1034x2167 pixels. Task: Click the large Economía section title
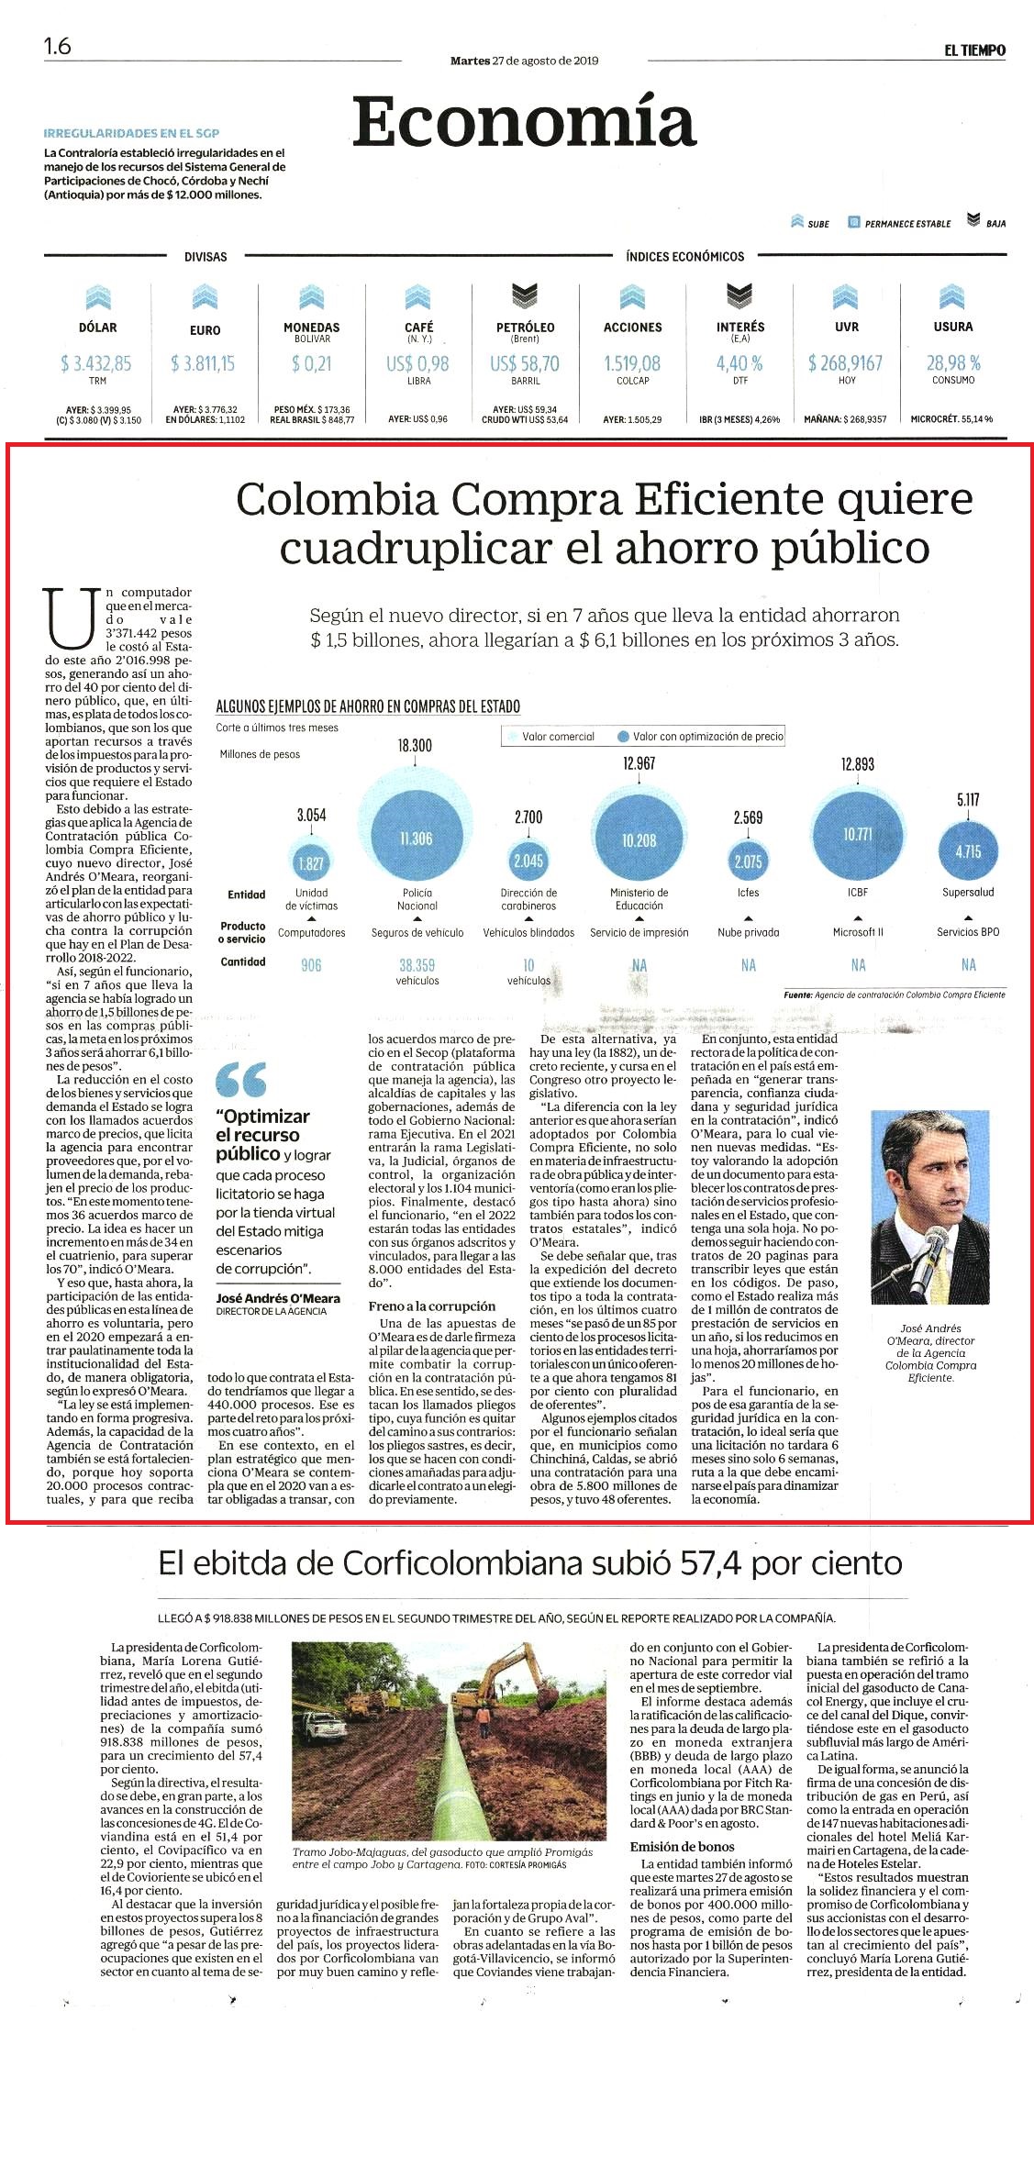click(525, 122)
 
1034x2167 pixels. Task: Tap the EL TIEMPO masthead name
click(974, 50)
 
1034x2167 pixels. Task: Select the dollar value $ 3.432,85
click(96, 364)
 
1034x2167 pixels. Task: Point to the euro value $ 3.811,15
click(203, 364)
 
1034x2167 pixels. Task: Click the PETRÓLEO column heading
click(525, 328)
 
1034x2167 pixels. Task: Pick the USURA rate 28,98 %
click(953, 363)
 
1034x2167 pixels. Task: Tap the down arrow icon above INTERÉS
click(739, 295)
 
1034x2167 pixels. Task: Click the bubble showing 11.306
click(416, 839)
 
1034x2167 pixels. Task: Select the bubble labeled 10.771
click(857, 834)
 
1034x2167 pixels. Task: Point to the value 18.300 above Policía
click(415, 746)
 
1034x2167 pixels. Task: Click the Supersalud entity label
click(968, 892)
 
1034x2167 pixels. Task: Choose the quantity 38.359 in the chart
click(417, 965)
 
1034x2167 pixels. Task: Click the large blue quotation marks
click(241, 1079)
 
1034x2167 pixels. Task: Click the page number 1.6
click(57, 46)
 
